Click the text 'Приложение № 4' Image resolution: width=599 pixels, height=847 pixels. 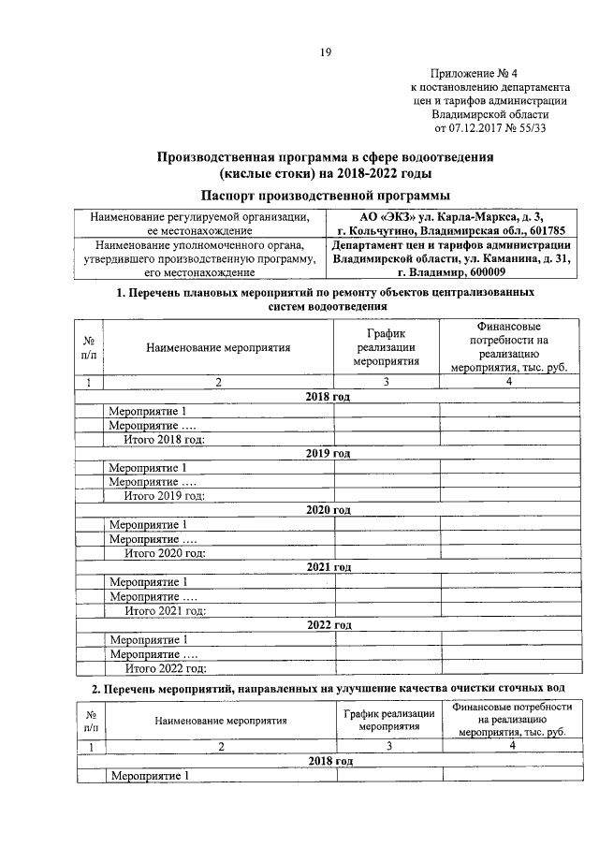(x=477, y=74)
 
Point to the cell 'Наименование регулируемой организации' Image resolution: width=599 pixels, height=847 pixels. (x=198, y=223)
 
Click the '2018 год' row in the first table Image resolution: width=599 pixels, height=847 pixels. (x=327, y=397)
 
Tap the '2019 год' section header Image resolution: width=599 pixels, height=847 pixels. (x=327, y=453)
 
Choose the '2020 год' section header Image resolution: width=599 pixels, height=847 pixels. (x=327, y=509)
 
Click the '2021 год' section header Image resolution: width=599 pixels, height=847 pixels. (x=327, y=566)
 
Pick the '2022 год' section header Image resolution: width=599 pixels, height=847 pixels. (x=327, y=624)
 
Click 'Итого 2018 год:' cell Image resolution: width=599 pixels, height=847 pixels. (x=165, y=439)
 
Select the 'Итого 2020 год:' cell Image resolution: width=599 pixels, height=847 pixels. (x=165, y=552)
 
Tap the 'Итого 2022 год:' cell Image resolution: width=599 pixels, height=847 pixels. (x=165, y=668)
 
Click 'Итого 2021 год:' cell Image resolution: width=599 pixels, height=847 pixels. (x=165, y=610)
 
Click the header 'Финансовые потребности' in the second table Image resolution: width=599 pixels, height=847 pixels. (x=510, y=721)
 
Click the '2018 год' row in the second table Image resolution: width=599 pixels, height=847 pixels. (x=327, y=762)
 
